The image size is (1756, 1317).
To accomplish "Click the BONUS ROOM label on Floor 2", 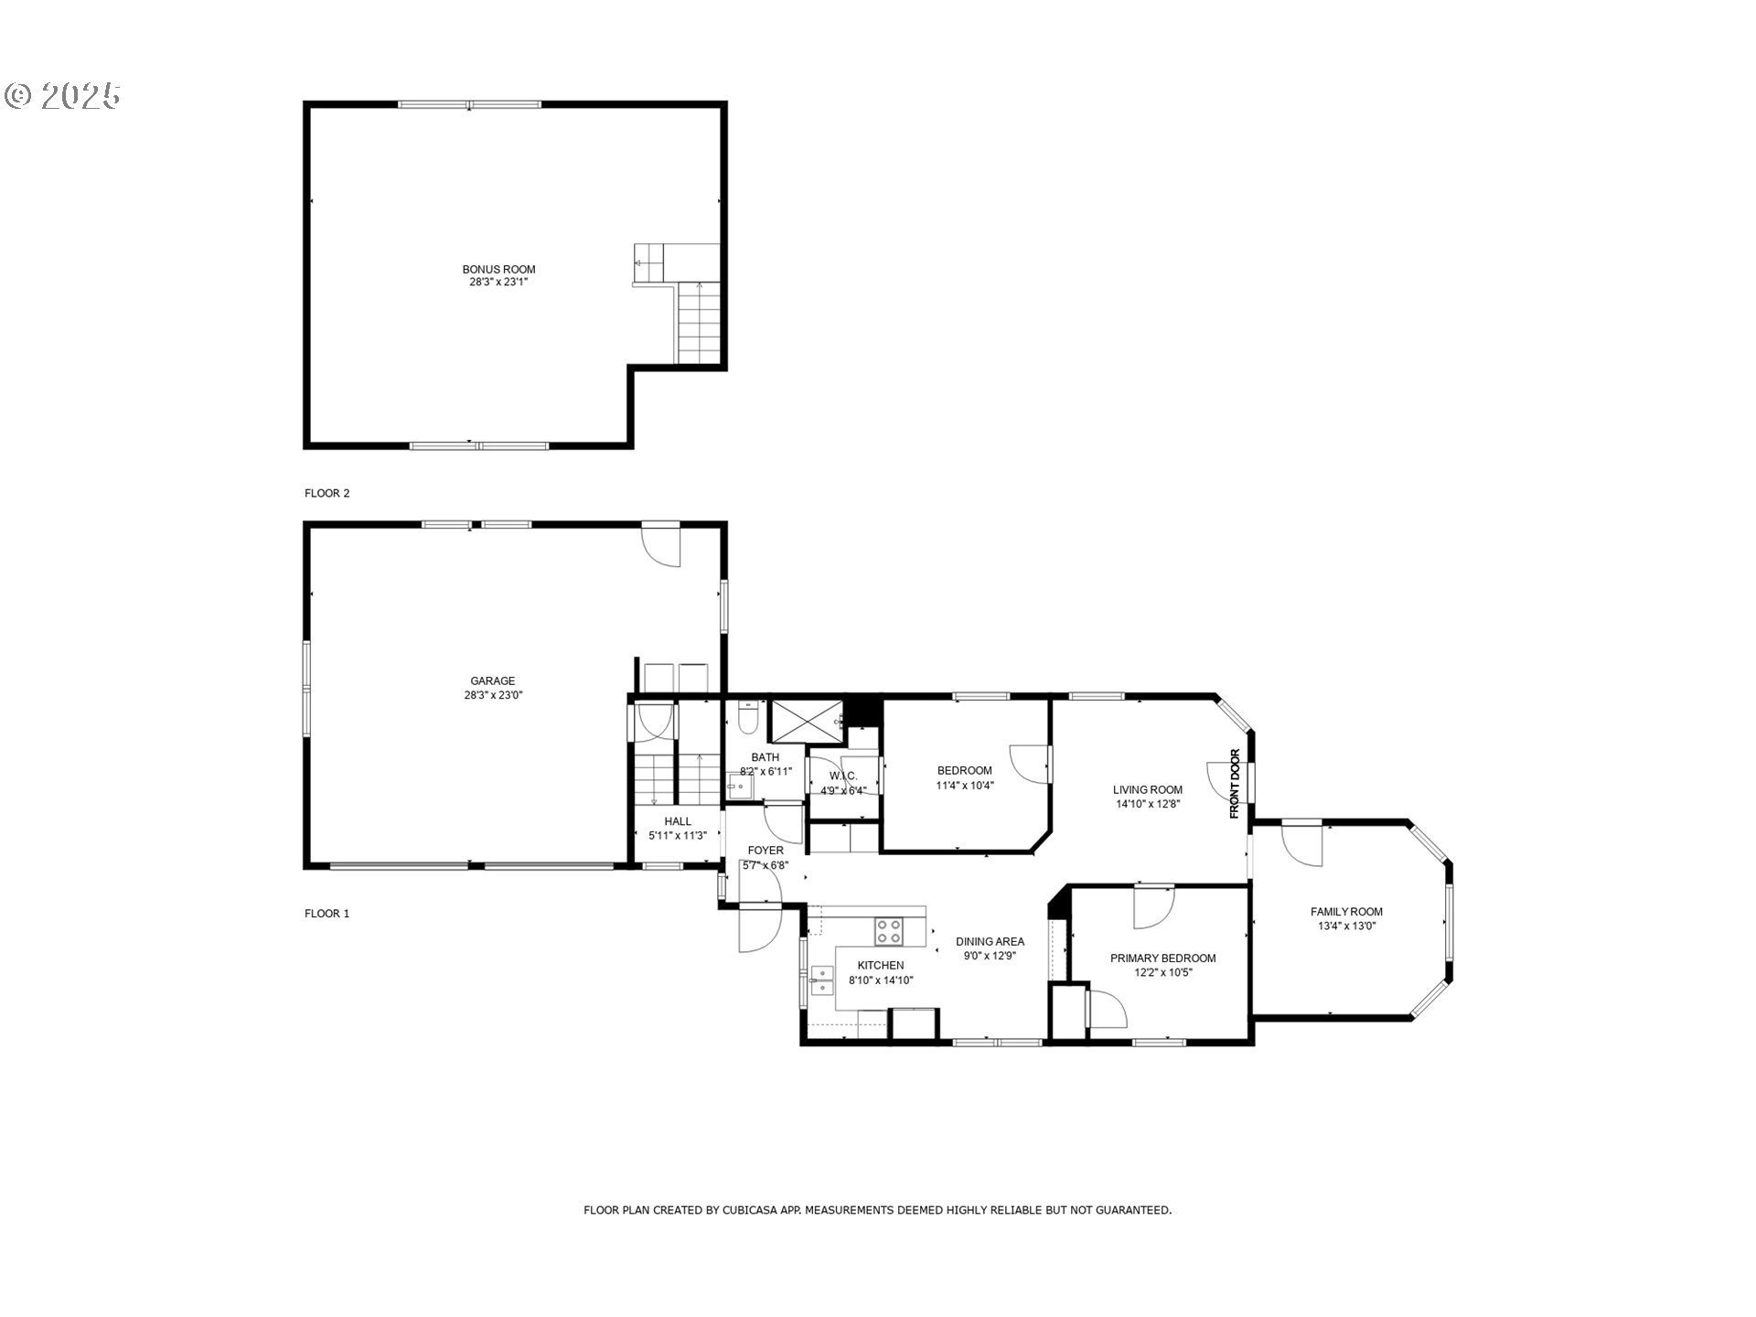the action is (498, 270).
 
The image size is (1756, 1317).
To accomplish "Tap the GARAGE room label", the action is (493, 681).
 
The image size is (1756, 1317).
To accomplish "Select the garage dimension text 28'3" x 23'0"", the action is (493, 695).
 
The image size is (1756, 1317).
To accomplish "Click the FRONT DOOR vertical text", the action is (1235, 784).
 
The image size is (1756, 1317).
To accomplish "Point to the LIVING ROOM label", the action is (1148, 790).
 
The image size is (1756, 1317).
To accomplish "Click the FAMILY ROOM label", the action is (1346, 912).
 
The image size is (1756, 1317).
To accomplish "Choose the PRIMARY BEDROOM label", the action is (1163, 958).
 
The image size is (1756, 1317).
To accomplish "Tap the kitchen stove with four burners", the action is (888, 932).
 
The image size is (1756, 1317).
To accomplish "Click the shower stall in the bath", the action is (806, 721).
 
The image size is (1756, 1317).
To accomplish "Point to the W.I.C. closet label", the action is (843, 776).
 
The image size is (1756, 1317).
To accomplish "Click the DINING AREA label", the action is (990, 942).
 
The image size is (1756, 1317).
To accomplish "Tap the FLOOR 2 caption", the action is (327, 494).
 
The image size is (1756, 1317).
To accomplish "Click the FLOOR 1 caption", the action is (327, 914).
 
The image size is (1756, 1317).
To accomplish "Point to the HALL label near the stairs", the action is (678, 821).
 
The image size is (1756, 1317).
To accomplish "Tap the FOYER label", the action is (766, 851).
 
